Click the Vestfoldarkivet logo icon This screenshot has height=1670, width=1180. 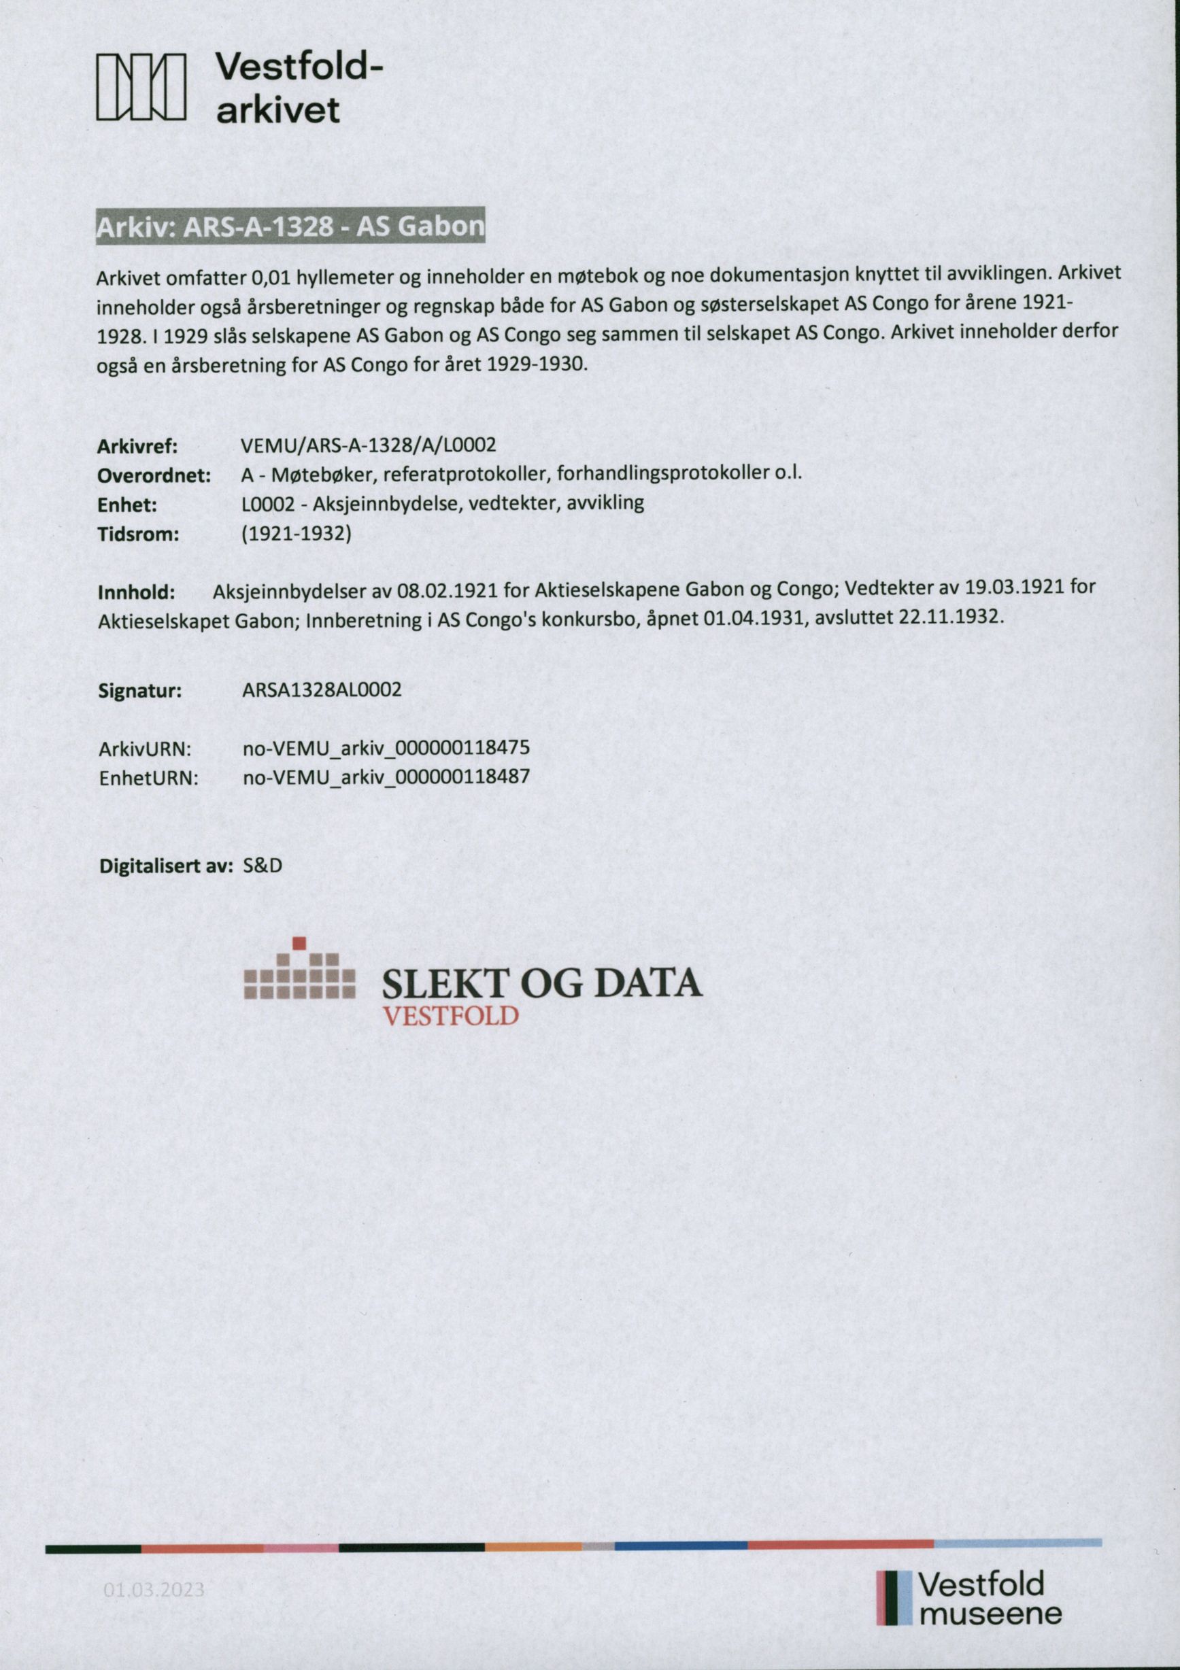coord(141,87)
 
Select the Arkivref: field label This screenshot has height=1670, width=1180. coord(137,446)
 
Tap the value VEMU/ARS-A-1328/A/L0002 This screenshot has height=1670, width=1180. coord(369,445)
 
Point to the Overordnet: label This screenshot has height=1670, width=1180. coord(154,476)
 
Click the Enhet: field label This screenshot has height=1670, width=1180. coord(127,505)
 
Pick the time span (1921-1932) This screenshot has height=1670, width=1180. coord(296,534)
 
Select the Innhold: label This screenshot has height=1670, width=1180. coord(136,593)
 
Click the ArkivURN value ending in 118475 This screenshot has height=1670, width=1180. coord(386,748)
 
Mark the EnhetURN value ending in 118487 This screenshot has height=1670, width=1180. coord(386,777)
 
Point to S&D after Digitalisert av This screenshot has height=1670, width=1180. coord(263,866)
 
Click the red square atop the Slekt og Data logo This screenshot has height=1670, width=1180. coord(299,944)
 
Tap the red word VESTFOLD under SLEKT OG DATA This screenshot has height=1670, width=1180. coord(450,1015)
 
